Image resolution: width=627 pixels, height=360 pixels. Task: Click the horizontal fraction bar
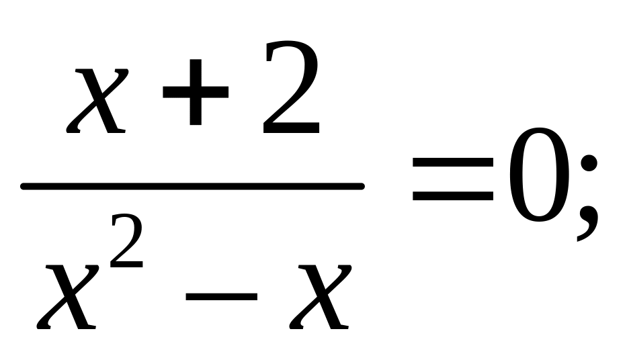click(192, 186)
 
